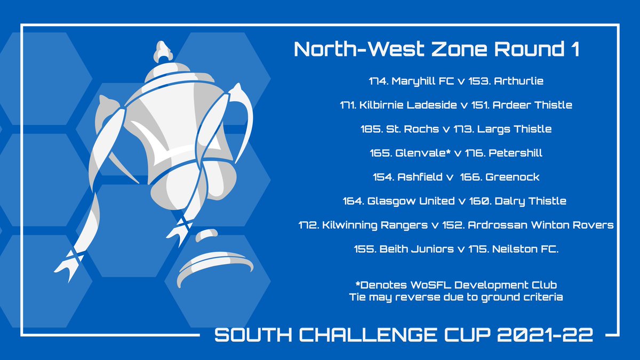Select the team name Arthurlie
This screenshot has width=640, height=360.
click(518, 81)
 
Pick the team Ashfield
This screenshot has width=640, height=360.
click(419, 177)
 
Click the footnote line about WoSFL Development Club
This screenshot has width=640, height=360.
click(455, 285)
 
